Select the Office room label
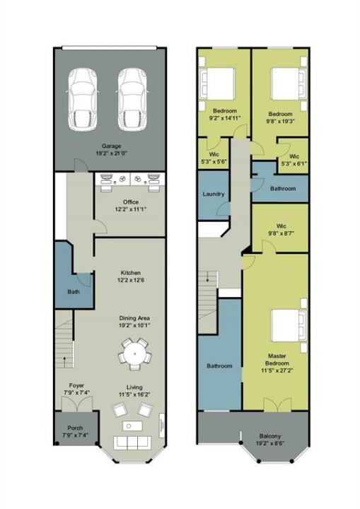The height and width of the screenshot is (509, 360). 130,202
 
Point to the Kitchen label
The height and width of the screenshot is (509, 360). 130,273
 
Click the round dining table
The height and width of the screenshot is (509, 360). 133,353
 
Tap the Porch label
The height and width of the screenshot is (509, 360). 74,428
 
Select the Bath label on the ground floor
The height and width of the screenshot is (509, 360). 73,291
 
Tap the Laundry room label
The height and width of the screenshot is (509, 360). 214,194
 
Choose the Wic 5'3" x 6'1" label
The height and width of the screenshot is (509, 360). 294,160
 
